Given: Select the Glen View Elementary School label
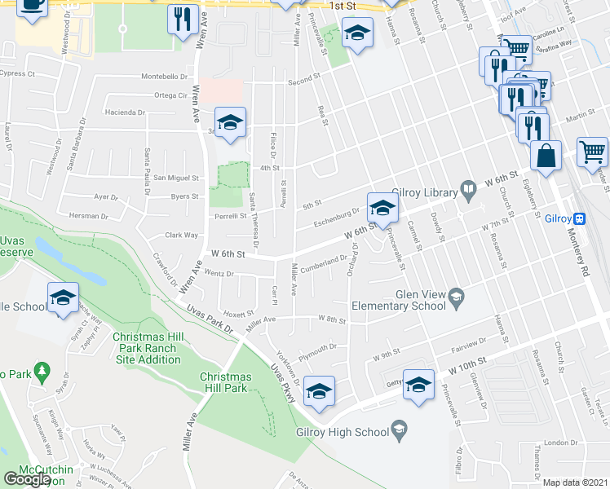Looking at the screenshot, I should coord(398,300).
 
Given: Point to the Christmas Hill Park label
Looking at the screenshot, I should coord(226,382).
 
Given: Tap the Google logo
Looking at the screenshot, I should coord(28,478).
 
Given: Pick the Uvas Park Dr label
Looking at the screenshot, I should coord(210,319).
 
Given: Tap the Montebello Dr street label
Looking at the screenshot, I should coord(166,76).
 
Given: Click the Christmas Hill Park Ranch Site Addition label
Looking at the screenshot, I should coord(147,348).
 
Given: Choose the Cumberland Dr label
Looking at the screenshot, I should coord(324,262).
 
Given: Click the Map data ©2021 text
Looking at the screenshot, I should coord(576,482).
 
